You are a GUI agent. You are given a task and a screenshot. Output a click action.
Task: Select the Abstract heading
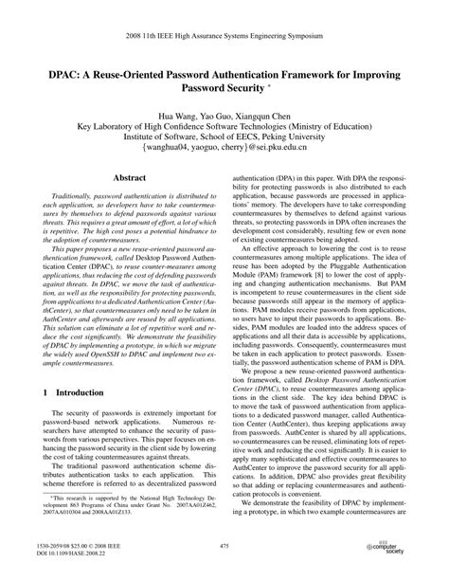coord(129,177)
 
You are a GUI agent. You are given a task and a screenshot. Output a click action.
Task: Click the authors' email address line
coord(224,150)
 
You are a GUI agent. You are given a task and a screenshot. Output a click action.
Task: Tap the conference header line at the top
coord(224,15)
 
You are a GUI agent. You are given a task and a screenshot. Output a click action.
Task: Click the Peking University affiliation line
coord(224,136)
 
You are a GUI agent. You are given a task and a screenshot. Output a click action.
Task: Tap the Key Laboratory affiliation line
coord(224,124)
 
